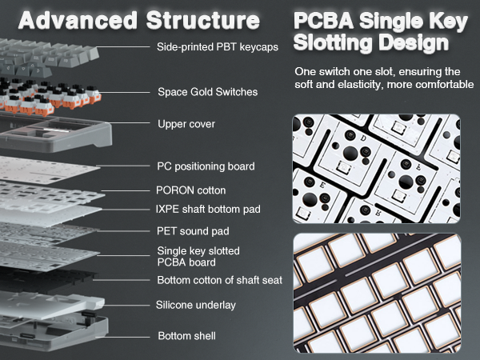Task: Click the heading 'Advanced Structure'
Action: (x=139, y=19)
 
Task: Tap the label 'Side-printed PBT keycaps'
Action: (x=218, y=47)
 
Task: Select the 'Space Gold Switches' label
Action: (x=207, y=92)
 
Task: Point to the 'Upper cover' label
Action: (x=186, y=124)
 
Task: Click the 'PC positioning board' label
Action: (x=206, y=166)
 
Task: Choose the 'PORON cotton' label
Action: (x=190, y=190)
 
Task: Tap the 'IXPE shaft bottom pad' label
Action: (x=209, y=210)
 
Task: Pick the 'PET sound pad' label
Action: (x=194, y=231)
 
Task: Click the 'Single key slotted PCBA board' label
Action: (x=198, y=256)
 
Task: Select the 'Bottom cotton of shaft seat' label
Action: (x=218, y=280)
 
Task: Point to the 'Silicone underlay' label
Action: (x=197, y=305)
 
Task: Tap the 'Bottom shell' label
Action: (x=186, y=335)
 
